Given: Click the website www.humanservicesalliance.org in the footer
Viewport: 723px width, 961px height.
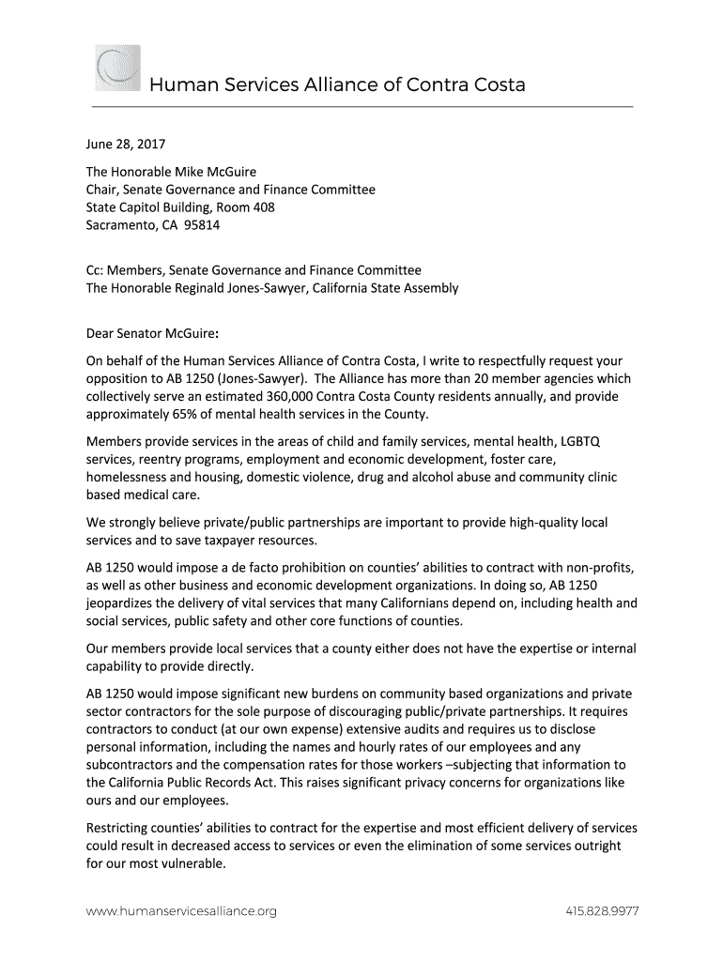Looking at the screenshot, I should click(x=181, y=911).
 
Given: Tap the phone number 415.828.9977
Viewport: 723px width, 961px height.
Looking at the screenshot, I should click(x=602, y=911).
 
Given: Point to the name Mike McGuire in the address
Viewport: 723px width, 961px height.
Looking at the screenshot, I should click(x=217, y=172).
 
